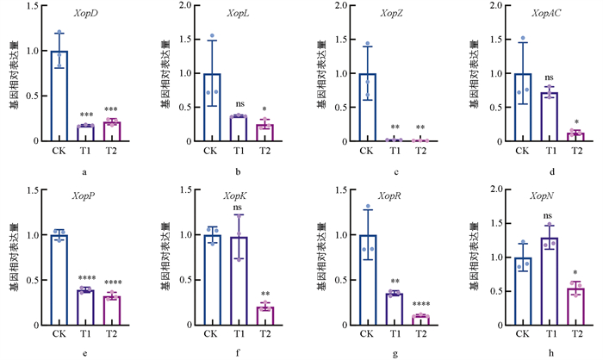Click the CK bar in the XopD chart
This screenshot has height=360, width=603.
click(x=59, y=95)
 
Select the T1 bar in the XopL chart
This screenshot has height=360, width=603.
click(x=239, y=128)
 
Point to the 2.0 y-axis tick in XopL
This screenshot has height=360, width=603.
click(x=185, y=6)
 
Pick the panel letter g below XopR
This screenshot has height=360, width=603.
click(x=393, y=353)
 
